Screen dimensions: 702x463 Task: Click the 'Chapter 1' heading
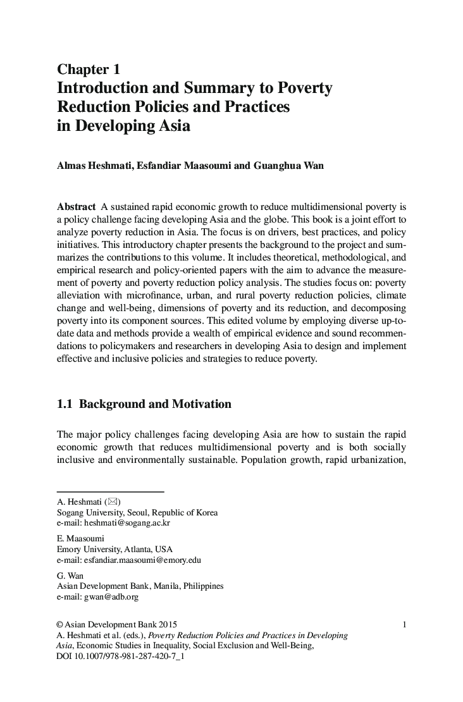pos(88,68)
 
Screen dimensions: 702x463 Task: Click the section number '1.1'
pos(65,403)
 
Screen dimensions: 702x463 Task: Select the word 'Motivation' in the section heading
pos(201,403)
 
